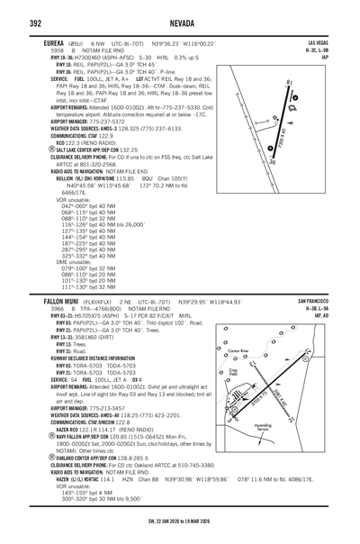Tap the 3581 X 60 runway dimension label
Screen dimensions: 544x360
(304, 393)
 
